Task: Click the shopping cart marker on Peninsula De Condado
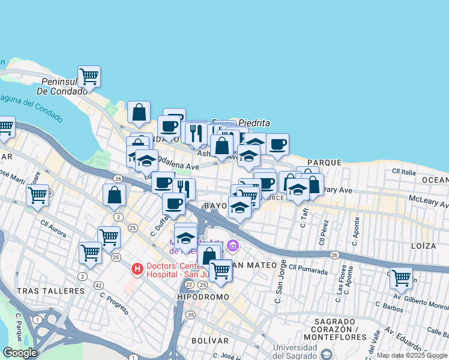[x=89, y=77]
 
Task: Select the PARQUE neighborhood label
[x=324, y=163]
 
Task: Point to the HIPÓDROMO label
[x=203, y=297]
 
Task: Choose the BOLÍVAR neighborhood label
[x=211, y=340]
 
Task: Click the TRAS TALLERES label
[x=51, y=290]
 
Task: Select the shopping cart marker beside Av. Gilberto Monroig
[x=401, y=278]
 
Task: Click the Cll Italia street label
[x=403, y=172]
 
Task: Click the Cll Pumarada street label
[x=309, y=267]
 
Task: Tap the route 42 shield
[x=98, y=285]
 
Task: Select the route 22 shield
[x=189, y=284]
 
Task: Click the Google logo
[x=20, y=353]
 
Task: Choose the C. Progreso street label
[x=114, y=304]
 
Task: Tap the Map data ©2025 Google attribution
[x=411, y=355]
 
